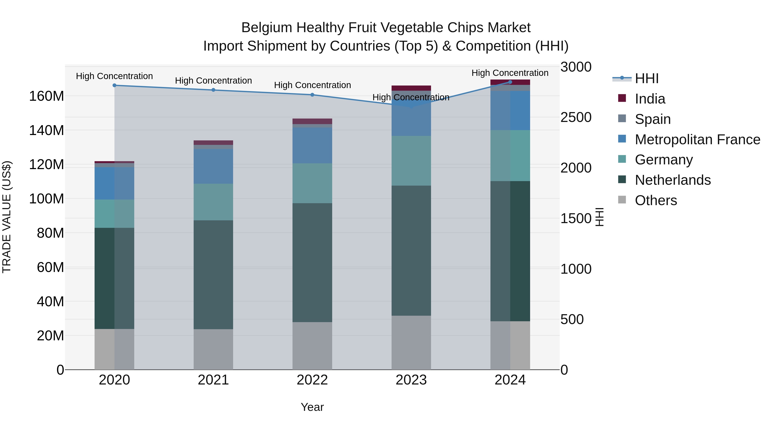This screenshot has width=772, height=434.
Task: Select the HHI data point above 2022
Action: click(x=312, y=95)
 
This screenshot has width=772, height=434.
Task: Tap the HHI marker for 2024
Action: click(x=510, y=82)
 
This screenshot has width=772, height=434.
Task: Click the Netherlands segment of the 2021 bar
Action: click(x=213, y=275)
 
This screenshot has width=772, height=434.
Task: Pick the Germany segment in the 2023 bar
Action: click(x=411, y=161)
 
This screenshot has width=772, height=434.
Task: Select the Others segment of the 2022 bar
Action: click(x=312, y=346)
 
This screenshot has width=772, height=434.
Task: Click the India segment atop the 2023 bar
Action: click(x=411, y=88)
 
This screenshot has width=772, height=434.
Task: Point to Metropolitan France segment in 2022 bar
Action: click(x=312, y=145)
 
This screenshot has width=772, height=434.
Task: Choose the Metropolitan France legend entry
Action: click(x=697, y=140)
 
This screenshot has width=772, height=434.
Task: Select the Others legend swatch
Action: click(x=622, y=200)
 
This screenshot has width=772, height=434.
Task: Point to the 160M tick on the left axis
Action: click(x=47, y=96)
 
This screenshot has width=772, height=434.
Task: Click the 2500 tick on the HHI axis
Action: click(x=576, y=117)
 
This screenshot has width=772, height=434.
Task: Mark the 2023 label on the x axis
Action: click(x=411, y=380)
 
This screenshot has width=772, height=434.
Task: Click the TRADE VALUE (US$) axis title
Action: click(x=7, y=217)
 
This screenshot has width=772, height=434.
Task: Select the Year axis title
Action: click(x=312, y=407)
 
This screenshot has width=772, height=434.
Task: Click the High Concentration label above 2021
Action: click(x=213, y=81)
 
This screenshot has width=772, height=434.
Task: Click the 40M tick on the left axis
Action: click(x=50, y=302)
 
